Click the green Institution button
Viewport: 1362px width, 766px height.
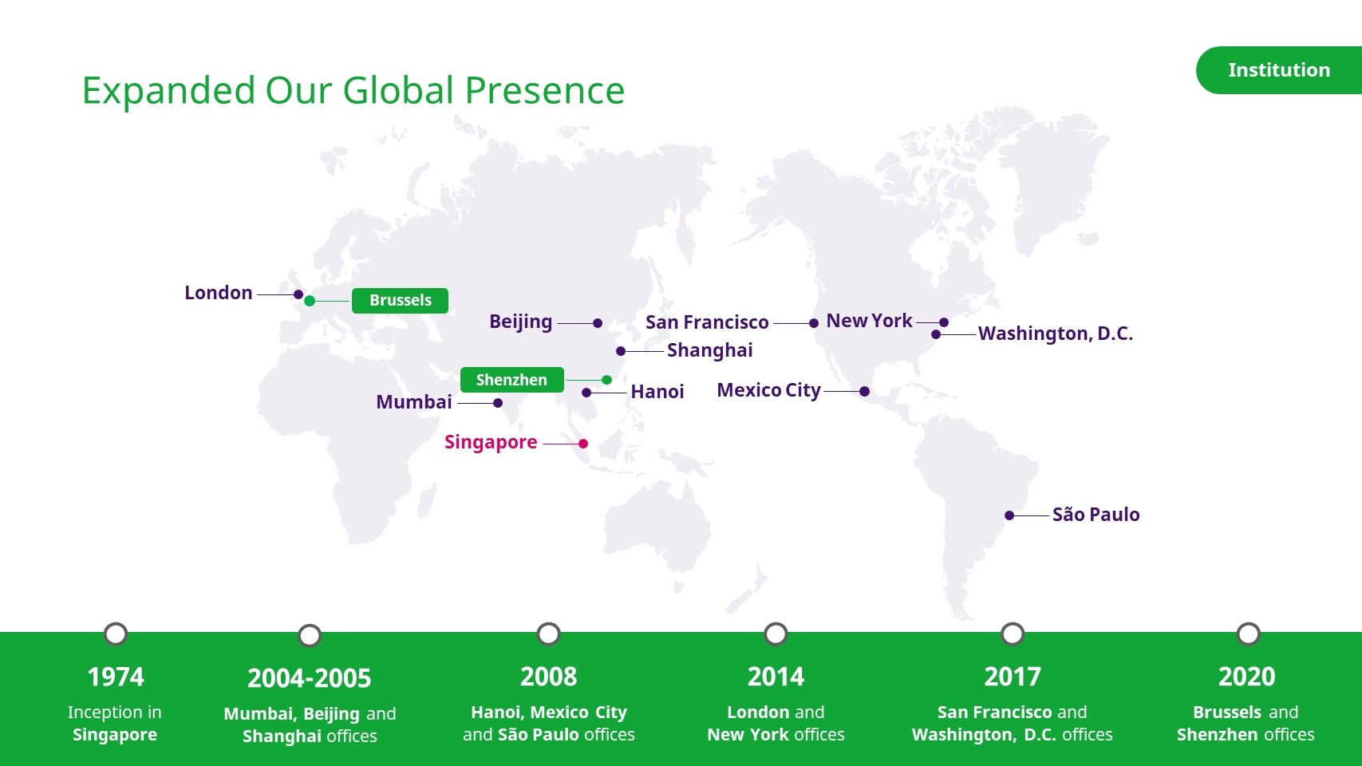click(1279, 70)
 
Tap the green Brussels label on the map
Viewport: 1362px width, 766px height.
click(400, 300)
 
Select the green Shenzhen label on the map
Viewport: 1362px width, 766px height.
click(512, 380)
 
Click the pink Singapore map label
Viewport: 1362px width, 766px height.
click(491, 442)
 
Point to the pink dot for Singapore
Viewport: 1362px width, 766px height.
click(583, 444)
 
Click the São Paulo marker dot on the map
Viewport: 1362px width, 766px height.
click(1009, 515)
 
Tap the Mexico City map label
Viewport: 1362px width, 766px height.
click(768, 390)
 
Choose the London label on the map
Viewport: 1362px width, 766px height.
click(219, 293)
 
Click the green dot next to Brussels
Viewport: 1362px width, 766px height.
click(310, 301)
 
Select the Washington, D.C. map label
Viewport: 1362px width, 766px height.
click(1056, 334)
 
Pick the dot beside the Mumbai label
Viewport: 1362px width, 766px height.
click(498, 403)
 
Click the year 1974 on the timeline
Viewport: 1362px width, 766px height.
click(116, 677)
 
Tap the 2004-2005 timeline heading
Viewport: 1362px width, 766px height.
click(309, 678)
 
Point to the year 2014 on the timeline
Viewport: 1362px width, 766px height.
click(776, 677)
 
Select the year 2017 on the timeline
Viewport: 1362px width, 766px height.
click(1013, 677)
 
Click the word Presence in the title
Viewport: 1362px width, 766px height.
click(545, 91)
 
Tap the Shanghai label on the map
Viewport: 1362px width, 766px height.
click(709, 351)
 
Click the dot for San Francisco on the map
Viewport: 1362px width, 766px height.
click(814, 323)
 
